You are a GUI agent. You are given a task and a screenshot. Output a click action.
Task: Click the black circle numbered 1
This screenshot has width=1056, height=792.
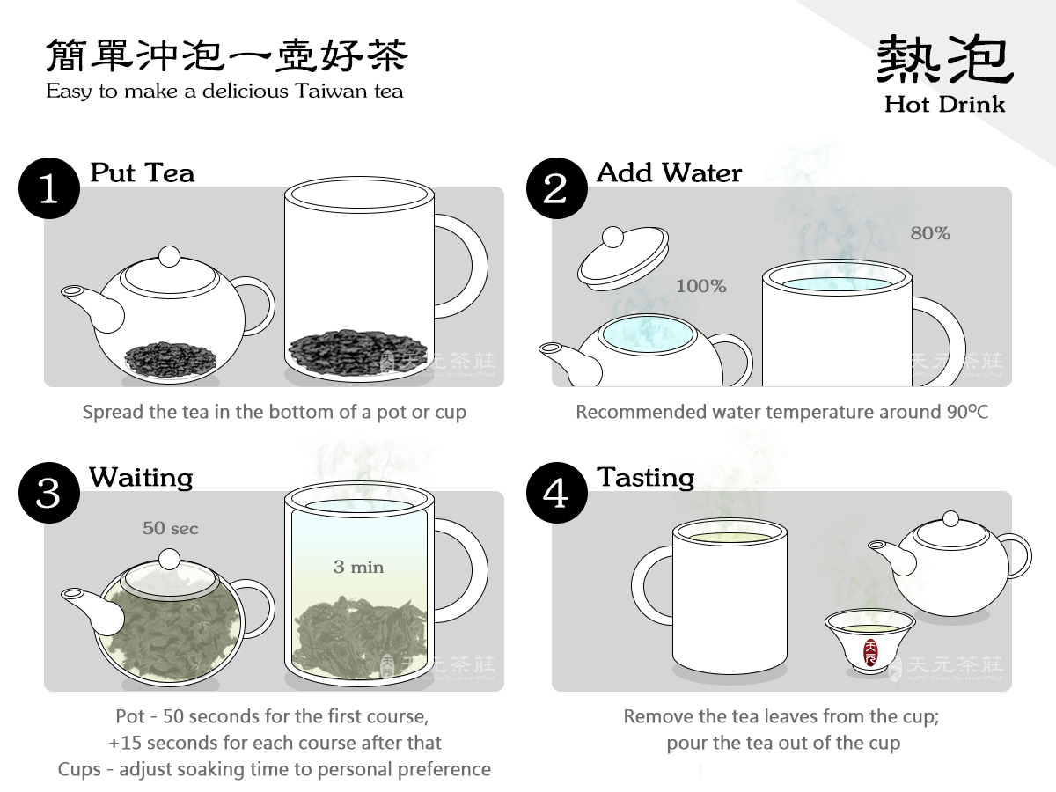pyautogui.click(x=49, y=188)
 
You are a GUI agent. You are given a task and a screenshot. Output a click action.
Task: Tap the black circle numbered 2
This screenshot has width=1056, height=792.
pyautogui.click(x=557, y=188)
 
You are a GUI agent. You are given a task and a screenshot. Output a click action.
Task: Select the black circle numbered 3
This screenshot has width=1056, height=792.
pyautogui.click(x=49, y=493)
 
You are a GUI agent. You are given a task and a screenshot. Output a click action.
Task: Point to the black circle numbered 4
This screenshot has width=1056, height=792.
pyautogui.click(x=557, y=493)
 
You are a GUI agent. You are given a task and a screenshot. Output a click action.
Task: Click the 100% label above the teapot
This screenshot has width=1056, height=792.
pyautogui.click(x=701, y=286)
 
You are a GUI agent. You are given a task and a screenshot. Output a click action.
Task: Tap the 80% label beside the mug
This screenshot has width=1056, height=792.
pyautogui.click(x=930, y=233)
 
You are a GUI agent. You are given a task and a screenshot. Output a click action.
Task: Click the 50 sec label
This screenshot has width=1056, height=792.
pyautogui.click(x=171, y=528)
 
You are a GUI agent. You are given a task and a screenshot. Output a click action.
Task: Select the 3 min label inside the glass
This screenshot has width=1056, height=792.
pyautogui.click(x=358, y=567)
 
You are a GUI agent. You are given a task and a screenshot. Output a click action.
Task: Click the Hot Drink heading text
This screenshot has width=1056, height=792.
pyautogui.click(x=944, y=104)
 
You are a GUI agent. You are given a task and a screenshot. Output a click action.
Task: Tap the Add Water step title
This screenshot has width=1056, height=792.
pyautogui.click(x=669, y=172)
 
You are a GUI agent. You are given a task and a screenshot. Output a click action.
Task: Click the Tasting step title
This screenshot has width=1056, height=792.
pyautogui.click(x=646, y=478)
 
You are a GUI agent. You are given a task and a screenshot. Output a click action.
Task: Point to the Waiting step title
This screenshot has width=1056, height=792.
pyautogui.click(x=141, y=478)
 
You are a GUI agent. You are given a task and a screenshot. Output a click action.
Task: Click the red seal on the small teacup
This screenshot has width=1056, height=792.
pyautogui.click(x=871, y=651)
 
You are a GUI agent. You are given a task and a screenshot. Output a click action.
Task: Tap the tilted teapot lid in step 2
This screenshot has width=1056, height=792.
pyautogui.click(x=623, y=258)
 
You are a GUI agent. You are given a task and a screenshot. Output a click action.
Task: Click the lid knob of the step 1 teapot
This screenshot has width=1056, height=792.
pyautogui.click(x=169, y=256)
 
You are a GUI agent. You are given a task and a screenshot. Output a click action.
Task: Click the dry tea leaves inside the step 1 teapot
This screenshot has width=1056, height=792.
pyautogui.click(x=171, y=359)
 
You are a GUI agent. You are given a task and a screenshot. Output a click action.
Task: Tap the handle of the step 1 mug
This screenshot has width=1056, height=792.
pyautogui.click(x=462, y=266)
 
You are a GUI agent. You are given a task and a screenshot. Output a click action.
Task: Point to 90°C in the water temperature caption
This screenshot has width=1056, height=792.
pyautogui.click(x=967, y=412)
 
